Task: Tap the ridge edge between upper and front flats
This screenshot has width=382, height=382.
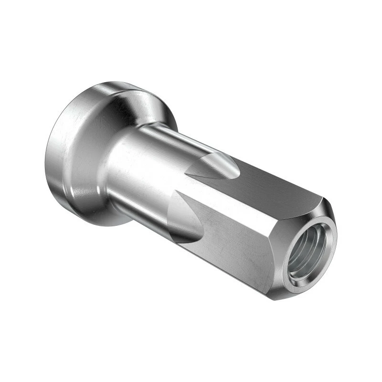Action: point(248,203)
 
